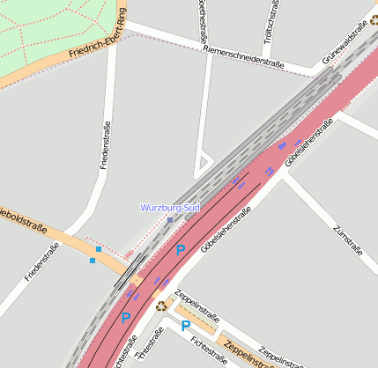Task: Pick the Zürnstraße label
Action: tap(348, 239)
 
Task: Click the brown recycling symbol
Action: tap(161, 305)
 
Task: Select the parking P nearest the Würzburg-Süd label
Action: tap(181, 250)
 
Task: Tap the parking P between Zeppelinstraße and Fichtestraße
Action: tap(186, 326)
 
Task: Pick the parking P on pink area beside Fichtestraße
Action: tap(125, 318)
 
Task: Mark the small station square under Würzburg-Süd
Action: tap(170, 220)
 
